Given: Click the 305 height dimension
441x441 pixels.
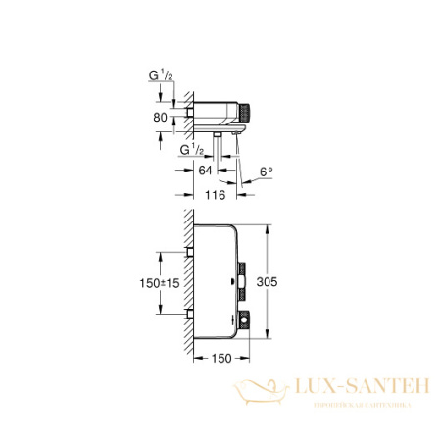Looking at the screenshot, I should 280,282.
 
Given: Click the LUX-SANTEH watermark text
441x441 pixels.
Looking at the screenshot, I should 346,390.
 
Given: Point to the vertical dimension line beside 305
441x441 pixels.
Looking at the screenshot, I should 265,282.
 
